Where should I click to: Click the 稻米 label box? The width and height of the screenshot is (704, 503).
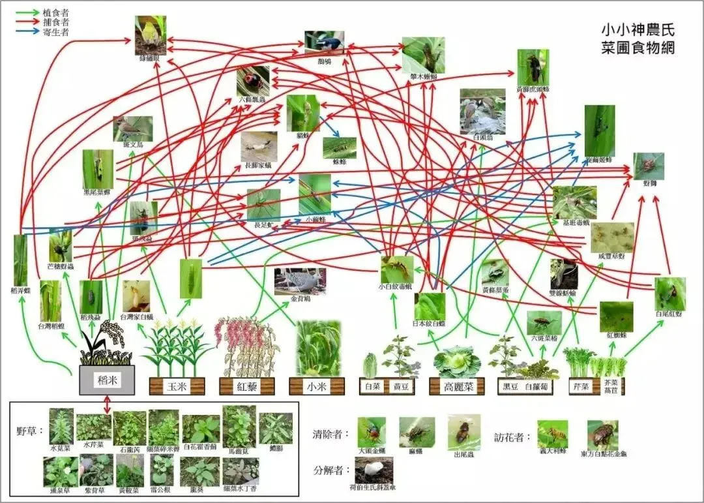(x=107, y=380)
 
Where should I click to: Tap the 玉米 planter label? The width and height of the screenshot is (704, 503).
(x=177, y=386)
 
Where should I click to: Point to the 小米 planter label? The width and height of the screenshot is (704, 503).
(x=317, y=386)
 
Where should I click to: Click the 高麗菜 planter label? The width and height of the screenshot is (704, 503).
(x=456, y=386)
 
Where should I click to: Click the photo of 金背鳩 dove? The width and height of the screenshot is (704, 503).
(x=300, y=281)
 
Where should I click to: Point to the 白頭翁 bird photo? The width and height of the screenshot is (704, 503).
(x=482, y=112)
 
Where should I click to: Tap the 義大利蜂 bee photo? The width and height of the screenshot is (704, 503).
(x=552, y=433)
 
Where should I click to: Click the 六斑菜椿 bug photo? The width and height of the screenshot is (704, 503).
(x=544, y=322)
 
